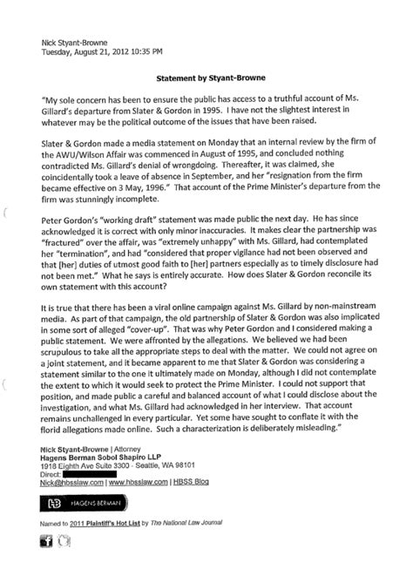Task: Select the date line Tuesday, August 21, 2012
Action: click(105, 50)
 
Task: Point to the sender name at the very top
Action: click(76, 39)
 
